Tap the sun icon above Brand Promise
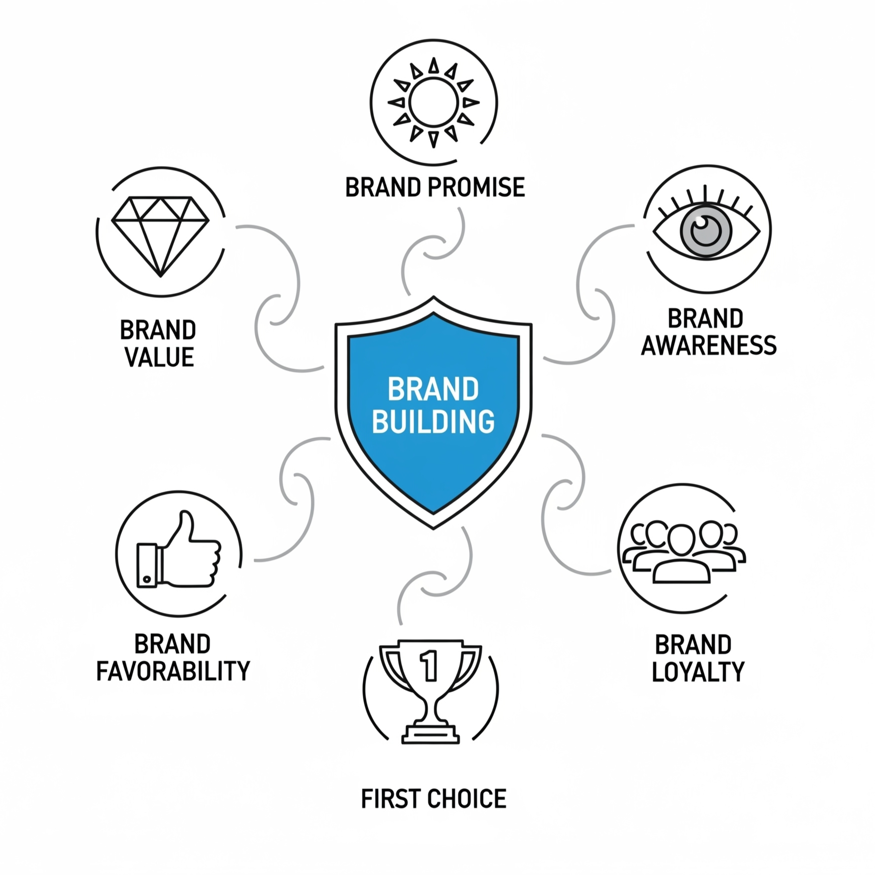[433, 102]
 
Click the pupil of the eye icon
[705, 231]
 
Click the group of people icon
[682, 552]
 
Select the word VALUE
[159, 357]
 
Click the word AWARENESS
[709, 345]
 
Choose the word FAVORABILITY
[173, 671]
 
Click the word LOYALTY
[698, 672]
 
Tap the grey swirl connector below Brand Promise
[433, 250]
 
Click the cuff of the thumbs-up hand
[147, 565]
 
